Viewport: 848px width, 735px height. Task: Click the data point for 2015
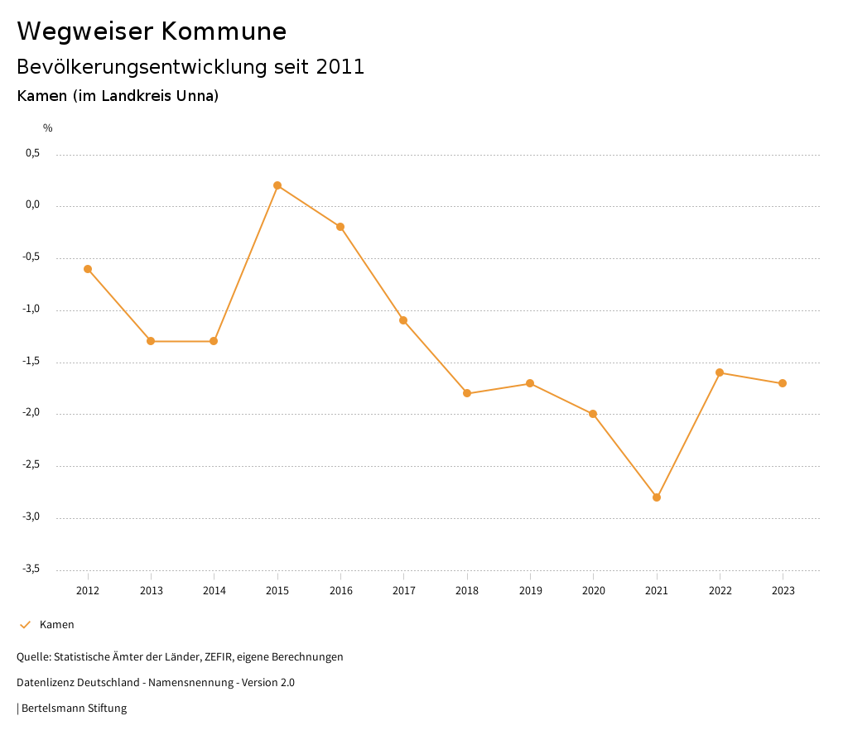click(277, 185)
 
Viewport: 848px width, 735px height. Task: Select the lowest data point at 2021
click(657, 497)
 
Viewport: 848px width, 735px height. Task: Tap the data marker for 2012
click(88, 269)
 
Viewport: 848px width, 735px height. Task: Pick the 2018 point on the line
click(467, 393)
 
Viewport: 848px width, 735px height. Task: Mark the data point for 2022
click(720, 372)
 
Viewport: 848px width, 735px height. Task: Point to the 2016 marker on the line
click(340, 227)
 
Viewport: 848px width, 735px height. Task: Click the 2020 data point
click(593, 414)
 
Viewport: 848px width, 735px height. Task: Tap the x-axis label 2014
click(214, 591)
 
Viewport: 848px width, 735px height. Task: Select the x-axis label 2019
click(530, 591)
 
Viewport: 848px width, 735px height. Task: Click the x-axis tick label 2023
click(783, 591)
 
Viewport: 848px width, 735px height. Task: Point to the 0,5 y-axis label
click(33, 153)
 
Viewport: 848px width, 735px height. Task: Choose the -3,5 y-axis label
click(31, 569)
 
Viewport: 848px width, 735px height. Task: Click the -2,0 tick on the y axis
click(31, 413)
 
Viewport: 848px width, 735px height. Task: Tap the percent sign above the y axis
click(48, 128)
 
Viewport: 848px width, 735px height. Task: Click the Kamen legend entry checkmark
click(25, 625)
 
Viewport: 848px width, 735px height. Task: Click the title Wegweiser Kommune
click(152, 31)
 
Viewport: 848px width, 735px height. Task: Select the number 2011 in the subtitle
click(340, 67)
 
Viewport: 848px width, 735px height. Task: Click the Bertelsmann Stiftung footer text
click(74, 709)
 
